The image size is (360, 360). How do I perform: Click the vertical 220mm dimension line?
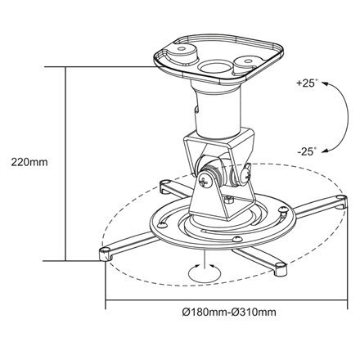coord(65,164)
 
